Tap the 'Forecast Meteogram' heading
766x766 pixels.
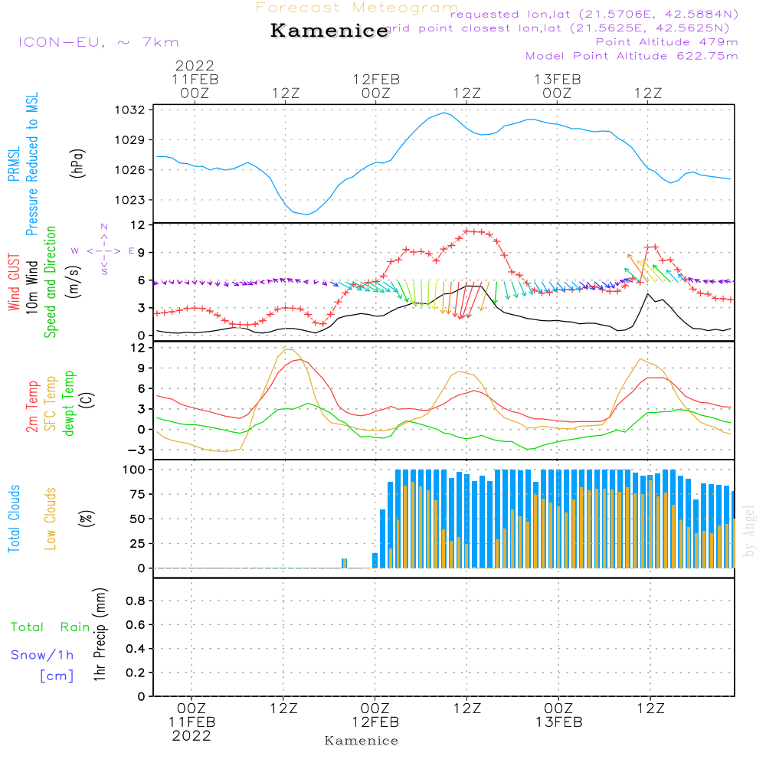click(x=357, y=8)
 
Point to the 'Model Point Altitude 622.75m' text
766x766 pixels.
click(x=632, y=56)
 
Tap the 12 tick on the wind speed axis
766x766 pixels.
click(x=138, y=225)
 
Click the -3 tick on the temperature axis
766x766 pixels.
click(x=136, y=450)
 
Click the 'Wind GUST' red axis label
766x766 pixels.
click(x=14, y=284)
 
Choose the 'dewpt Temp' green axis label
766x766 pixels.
click(x=70, y=404)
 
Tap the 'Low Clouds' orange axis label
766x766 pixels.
click(x=51, y=519)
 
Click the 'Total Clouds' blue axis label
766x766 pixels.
click(x=14, y=519)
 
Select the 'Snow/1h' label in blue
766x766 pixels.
click(x=42, y=655)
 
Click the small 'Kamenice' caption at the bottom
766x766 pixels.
click(x=362, y=741)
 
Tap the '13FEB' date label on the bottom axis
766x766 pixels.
click(x=558, y=722)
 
